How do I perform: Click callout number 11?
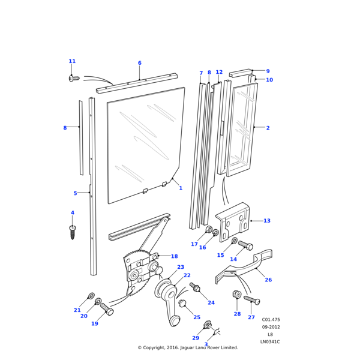pos(72,61)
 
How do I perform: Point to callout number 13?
pos(267,221)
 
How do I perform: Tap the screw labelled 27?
pos(252,300)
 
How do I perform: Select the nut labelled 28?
pos(236,295)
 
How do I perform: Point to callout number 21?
pos(77,310)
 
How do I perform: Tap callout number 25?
pos(197,317)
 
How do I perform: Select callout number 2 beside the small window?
pos(268,128)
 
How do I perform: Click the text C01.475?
pos(271,320)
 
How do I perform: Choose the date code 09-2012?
pos(271,327)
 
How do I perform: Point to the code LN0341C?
pos(270,342)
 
